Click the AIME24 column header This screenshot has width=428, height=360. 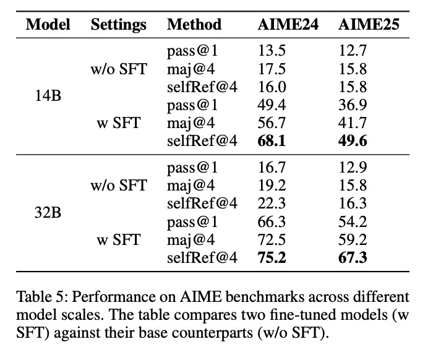[288, 25]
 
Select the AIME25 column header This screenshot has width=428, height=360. [369, 25]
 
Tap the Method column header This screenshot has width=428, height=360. [194, 25]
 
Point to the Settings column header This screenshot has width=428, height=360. [119, 25]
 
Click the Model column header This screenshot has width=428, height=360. [48, 25]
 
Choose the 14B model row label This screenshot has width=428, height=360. [48, 96]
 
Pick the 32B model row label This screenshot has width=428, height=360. [48, 213]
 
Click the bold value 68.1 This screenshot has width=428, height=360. [272, 141]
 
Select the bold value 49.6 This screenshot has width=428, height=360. [353, 141]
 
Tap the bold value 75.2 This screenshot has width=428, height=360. [272, 258]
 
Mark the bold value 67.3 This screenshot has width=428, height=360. [353, 258]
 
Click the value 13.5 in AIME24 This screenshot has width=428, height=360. [272, 51]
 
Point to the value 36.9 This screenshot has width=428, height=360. [353, 105]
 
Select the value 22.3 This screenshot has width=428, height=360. [272, 204]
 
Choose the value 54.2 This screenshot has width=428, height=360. [353, 221]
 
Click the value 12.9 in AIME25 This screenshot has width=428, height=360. [353, 167]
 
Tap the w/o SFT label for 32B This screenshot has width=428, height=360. [119, 186]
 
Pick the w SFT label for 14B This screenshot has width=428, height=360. [119, 123]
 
